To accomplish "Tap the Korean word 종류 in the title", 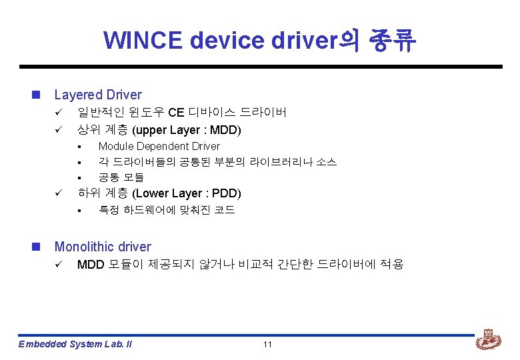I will coord(392,41).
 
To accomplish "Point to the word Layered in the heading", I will coord(79,95).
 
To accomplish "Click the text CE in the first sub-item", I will coord(176,113).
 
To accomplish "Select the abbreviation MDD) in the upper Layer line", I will coord(227,129).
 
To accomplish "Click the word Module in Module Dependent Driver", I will coord(115,146).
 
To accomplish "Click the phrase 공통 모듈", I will coord(121,178).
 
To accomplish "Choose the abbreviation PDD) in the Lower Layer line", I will coord(226,194).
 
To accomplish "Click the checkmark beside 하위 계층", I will coord(58,194).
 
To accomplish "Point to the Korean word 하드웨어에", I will coord(151,211).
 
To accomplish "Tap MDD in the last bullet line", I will coord(91,265).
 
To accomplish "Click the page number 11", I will coord(267,344).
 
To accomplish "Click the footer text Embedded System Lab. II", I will coord(75,344).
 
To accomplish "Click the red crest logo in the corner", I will coord(488,341).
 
